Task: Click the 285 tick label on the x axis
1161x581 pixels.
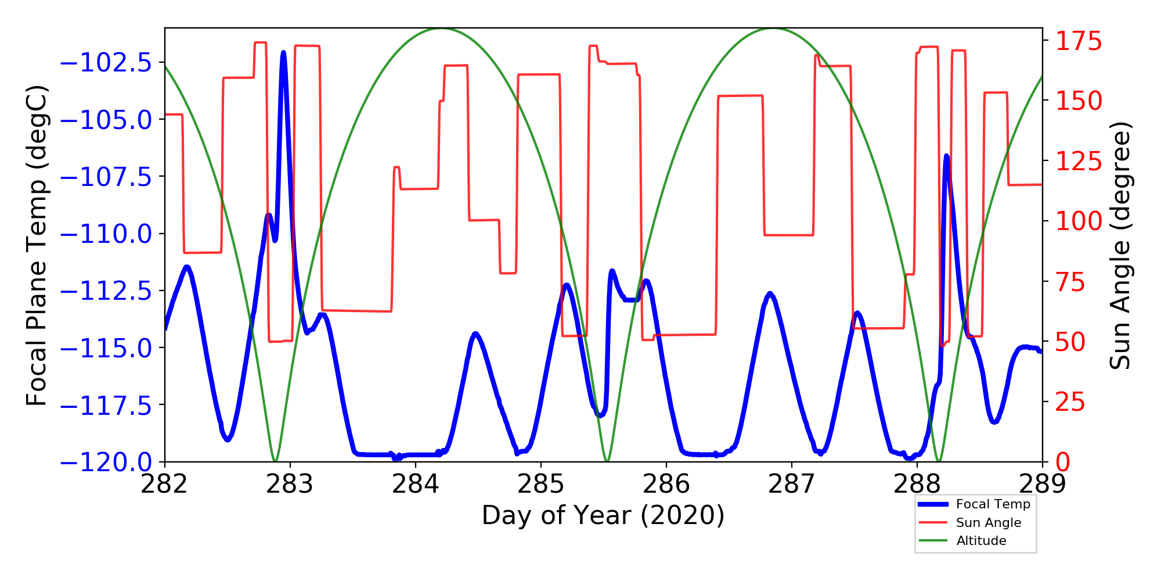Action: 541,483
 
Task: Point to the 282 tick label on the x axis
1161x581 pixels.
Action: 165,483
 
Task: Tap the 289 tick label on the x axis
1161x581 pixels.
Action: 1042,483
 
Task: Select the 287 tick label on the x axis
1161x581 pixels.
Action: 791,483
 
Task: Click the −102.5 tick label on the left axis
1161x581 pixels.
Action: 106,63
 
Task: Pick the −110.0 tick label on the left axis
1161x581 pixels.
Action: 106,234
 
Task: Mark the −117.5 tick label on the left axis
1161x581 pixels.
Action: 106,406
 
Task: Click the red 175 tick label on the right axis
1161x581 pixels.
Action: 1078,42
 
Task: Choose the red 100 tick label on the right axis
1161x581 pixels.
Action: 1078,221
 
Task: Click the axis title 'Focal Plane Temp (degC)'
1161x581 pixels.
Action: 36,245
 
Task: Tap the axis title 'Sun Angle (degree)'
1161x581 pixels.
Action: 1120,245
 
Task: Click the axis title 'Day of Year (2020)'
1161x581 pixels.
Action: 603,515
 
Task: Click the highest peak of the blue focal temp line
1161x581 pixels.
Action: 283,53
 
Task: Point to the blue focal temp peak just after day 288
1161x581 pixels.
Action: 946,156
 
